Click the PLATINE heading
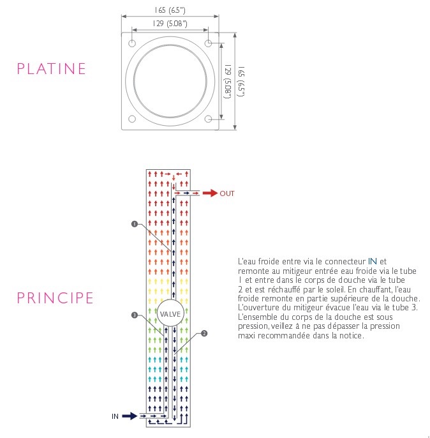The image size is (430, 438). click(52, 68)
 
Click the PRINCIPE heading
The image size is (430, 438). click(56, 298)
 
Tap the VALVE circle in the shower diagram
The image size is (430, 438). click(170, 313)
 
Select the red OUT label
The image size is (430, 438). click(227, 193)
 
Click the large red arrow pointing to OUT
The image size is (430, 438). click(209, 193)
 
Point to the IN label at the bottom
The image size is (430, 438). click(115, 416)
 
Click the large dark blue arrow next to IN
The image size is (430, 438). click(130, 416)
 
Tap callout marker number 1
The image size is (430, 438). click(134, 224)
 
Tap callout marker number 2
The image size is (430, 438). click(204, 333)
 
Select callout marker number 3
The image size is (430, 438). click(134, 315)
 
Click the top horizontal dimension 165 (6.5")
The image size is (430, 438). click(170, 10)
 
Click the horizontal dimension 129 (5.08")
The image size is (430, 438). click(170, 24)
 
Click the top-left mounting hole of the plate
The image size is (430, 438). click(132, 43)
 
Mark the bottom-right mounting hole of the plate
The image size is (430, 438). click(208, 119)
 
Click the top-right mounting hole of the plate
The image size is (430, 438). click(208, 43)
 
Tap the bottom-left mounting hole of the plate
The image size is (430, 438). click(132, 119)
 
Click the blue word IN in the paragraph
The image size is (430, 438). click(373, 261)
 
